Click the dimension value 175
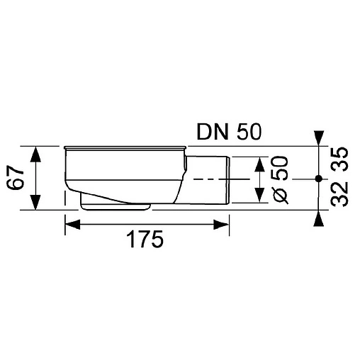pyautogui.click(x=147, y=240)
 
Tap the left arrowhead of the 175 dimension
pyautogui.click(x=72, y=225)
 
